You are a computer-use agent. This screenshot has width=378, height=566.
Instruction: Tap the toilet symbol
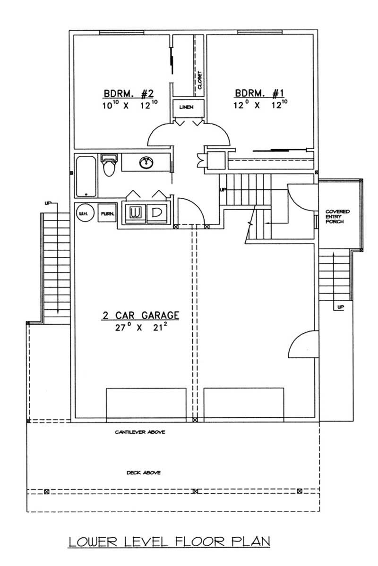tap(109, 165)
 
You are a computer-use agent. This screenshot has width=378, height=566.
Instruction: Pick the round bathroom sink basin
tap(147, 163)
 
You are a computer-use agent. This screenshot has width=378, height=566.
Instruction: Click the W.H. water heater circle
tap(85, 213)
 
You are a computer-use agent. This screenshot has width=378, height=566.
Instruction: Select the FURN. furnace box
tap(106, 213)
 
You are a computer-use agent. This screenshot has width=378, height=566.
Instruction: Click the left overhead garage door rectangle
tap(146, 404)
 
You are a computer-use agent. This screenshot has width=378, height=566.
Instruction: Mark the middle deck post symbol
tap(194, 491)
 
